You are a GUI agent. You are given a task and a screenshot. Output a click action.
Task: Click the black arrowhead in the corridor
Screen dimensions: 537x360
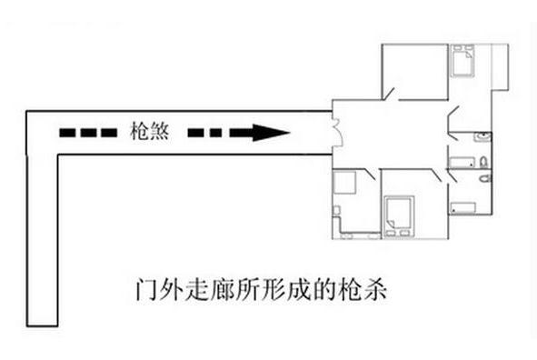[x=272, y=133]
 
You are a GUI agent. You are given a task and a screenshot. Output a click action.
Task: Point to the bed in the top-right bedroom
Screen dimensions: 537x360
[x=460, y=61]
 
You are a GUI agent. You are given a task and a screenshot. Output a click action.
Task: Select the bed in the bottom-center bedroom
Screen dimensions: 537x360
[x=397, y=216]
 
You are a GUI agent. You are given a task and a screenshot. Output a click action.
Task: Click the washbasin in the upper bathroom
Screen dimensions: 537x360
[x=482, y=137]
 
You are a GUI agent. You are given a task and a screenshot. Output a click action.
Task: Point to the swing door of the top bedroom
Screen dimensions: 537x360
[x=390, y=93]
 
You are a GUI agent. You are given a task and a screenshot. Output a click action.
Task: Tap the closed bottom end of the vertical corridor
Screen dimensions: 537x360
[x=42, y=325]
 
